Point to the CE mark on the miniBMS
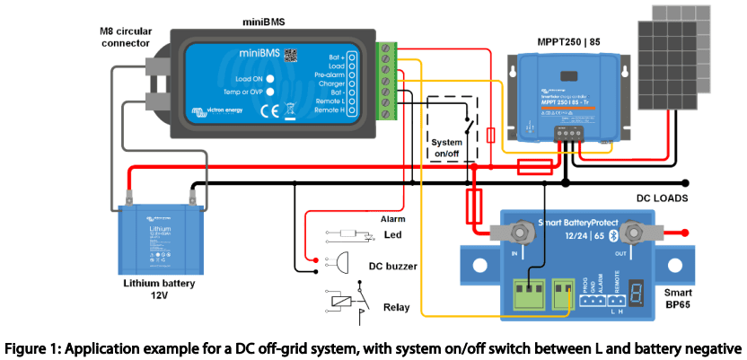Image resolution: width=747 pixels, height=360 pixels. pos(269,112)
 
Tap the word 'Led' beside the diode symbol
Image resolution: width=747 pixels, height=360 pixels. pos(391,236)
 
